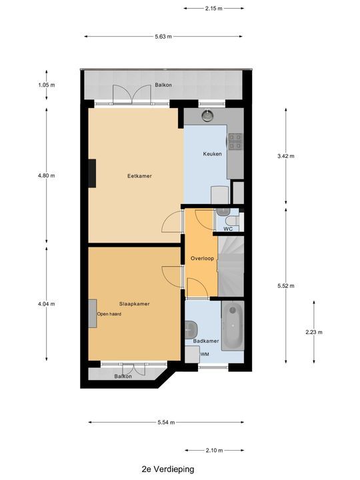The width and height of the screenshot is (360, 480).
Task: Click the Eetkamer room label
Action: (x=140, y=176)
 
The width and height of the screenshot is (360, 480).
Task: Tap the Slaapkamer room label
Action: (x=134, y=303)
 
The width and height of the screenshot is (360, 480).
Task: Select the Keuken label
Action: (x=213, y=154)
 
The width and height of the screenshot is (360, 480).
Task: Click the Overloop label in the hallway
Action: (x=201, y=258)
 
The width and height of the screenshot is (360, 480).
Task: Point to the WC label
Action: (x=227, y=229)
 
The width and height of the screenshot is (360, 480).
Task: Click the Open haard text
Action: (x=109, y=314)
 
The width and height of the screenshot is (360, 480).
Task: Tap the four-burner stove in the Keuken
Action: (x=235, y=141)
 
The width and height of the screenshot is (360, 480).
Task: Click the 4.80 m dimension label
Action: (x=47, y=176)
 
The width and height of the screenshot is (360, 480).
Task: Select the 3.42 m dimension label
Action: (x=286, y=156)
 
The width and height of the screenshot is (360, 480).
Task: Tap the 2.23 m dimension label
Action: (x=313, y=332)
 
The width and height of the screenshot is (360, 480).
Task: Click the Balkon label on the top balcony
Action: (x=163, y=85)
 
